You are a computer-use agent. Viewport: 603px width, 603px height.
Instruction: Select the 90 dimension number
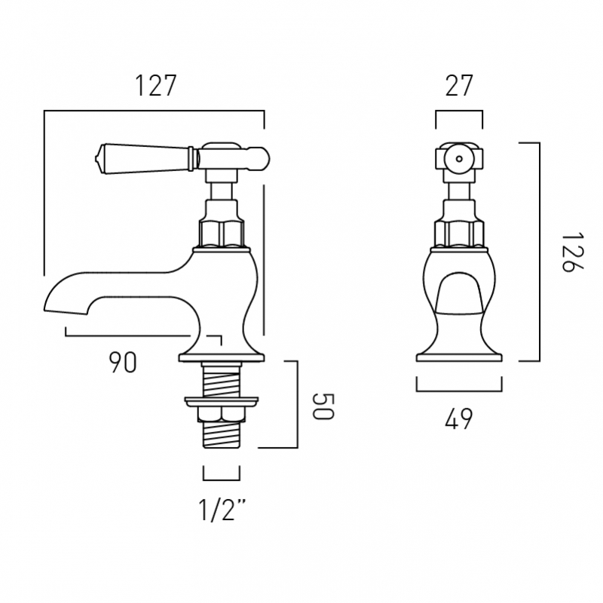(x=123, y=363)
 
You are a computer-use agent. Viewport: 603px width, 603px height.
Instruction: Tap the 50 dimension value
(x=323, y=406)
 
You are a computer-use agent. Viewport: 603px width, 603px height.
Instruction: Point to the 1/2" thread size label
(x=222, y=510)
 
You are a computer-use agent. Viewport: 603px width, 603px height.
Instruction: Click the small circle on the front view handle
(x=458, y=158)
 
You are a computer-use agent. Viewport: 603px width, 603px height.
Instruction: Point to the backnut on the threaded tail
(x=220, y=414)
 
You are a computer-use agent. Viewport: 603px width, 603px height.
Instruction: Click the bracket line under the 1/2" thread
(x=222, y=479)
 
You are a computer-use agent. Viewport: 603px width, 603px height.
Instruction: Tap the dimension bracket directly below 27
(x=459, y=112)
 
